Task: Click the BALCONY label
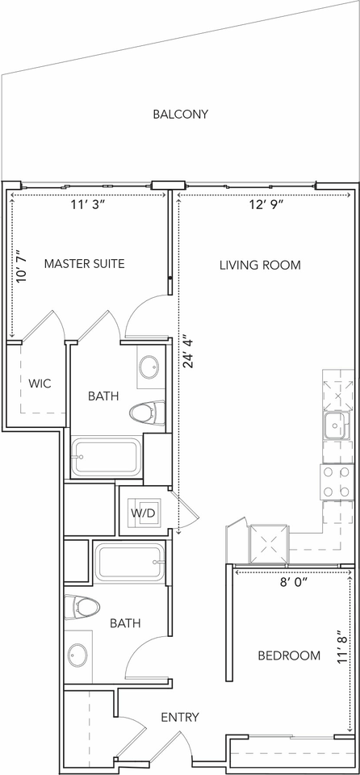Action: pos(181,114)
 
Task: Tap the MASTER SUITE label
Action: pos(84,263)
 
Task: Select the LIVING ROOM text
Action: pos(260,265)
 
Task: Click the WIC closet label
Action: pos(40,383)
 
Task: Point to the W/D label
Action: pos(143,513)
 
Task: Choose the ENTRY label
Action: pos(180,717)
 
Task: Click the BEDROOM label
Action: pos(289,656)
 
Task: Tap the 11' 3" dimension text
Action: pos(89,206)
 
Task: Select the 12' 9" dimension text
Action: pos(266,206)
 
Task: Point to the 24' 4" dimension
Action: pos(188,353)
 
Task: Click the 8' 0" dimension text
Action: pos(294,582)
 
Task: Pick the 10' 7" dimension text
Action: pos(22,266)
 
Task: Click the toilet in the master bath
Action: pos(147,413)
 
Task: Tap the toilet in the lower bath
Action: pos(82,607)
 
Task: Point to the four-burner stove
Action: pos(337,481)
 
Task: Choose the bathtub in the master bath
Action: pos(106,456)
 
